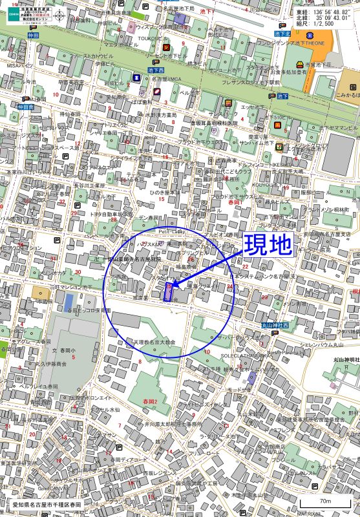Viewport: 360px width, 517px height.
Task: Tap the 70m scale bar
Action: pos(325,502)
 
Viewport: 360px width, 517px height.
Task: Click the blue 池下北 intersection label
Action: pos(282,34)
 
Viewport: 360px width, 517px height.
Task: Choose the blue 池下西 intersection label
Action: pos(156,69)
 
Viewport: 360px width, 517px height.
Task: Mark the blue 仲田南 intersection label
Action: pos(25,107)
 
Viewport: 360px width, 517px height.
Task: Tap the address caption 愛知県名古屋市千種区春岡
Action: pos(48,503)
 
